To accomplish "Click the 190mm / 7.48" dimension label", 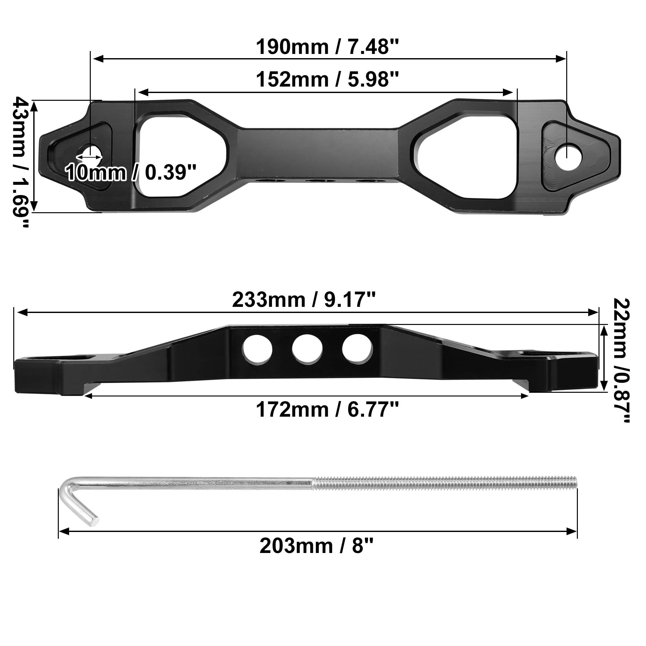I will (327, 47).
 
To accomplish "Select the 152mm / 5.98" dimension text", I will (327, 79).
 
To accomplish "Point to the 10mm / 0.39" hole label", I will (130, 172).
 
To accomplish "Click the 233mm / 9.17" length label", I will (304, 300).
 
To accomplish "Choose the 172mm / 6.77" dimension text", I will (327, 409).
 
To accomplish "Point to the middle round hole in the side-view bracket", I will (307, 349).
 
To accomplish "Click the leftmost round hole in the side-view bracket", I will (257, 349).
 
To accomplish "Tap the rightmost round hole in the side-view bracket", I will (357, 349).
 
